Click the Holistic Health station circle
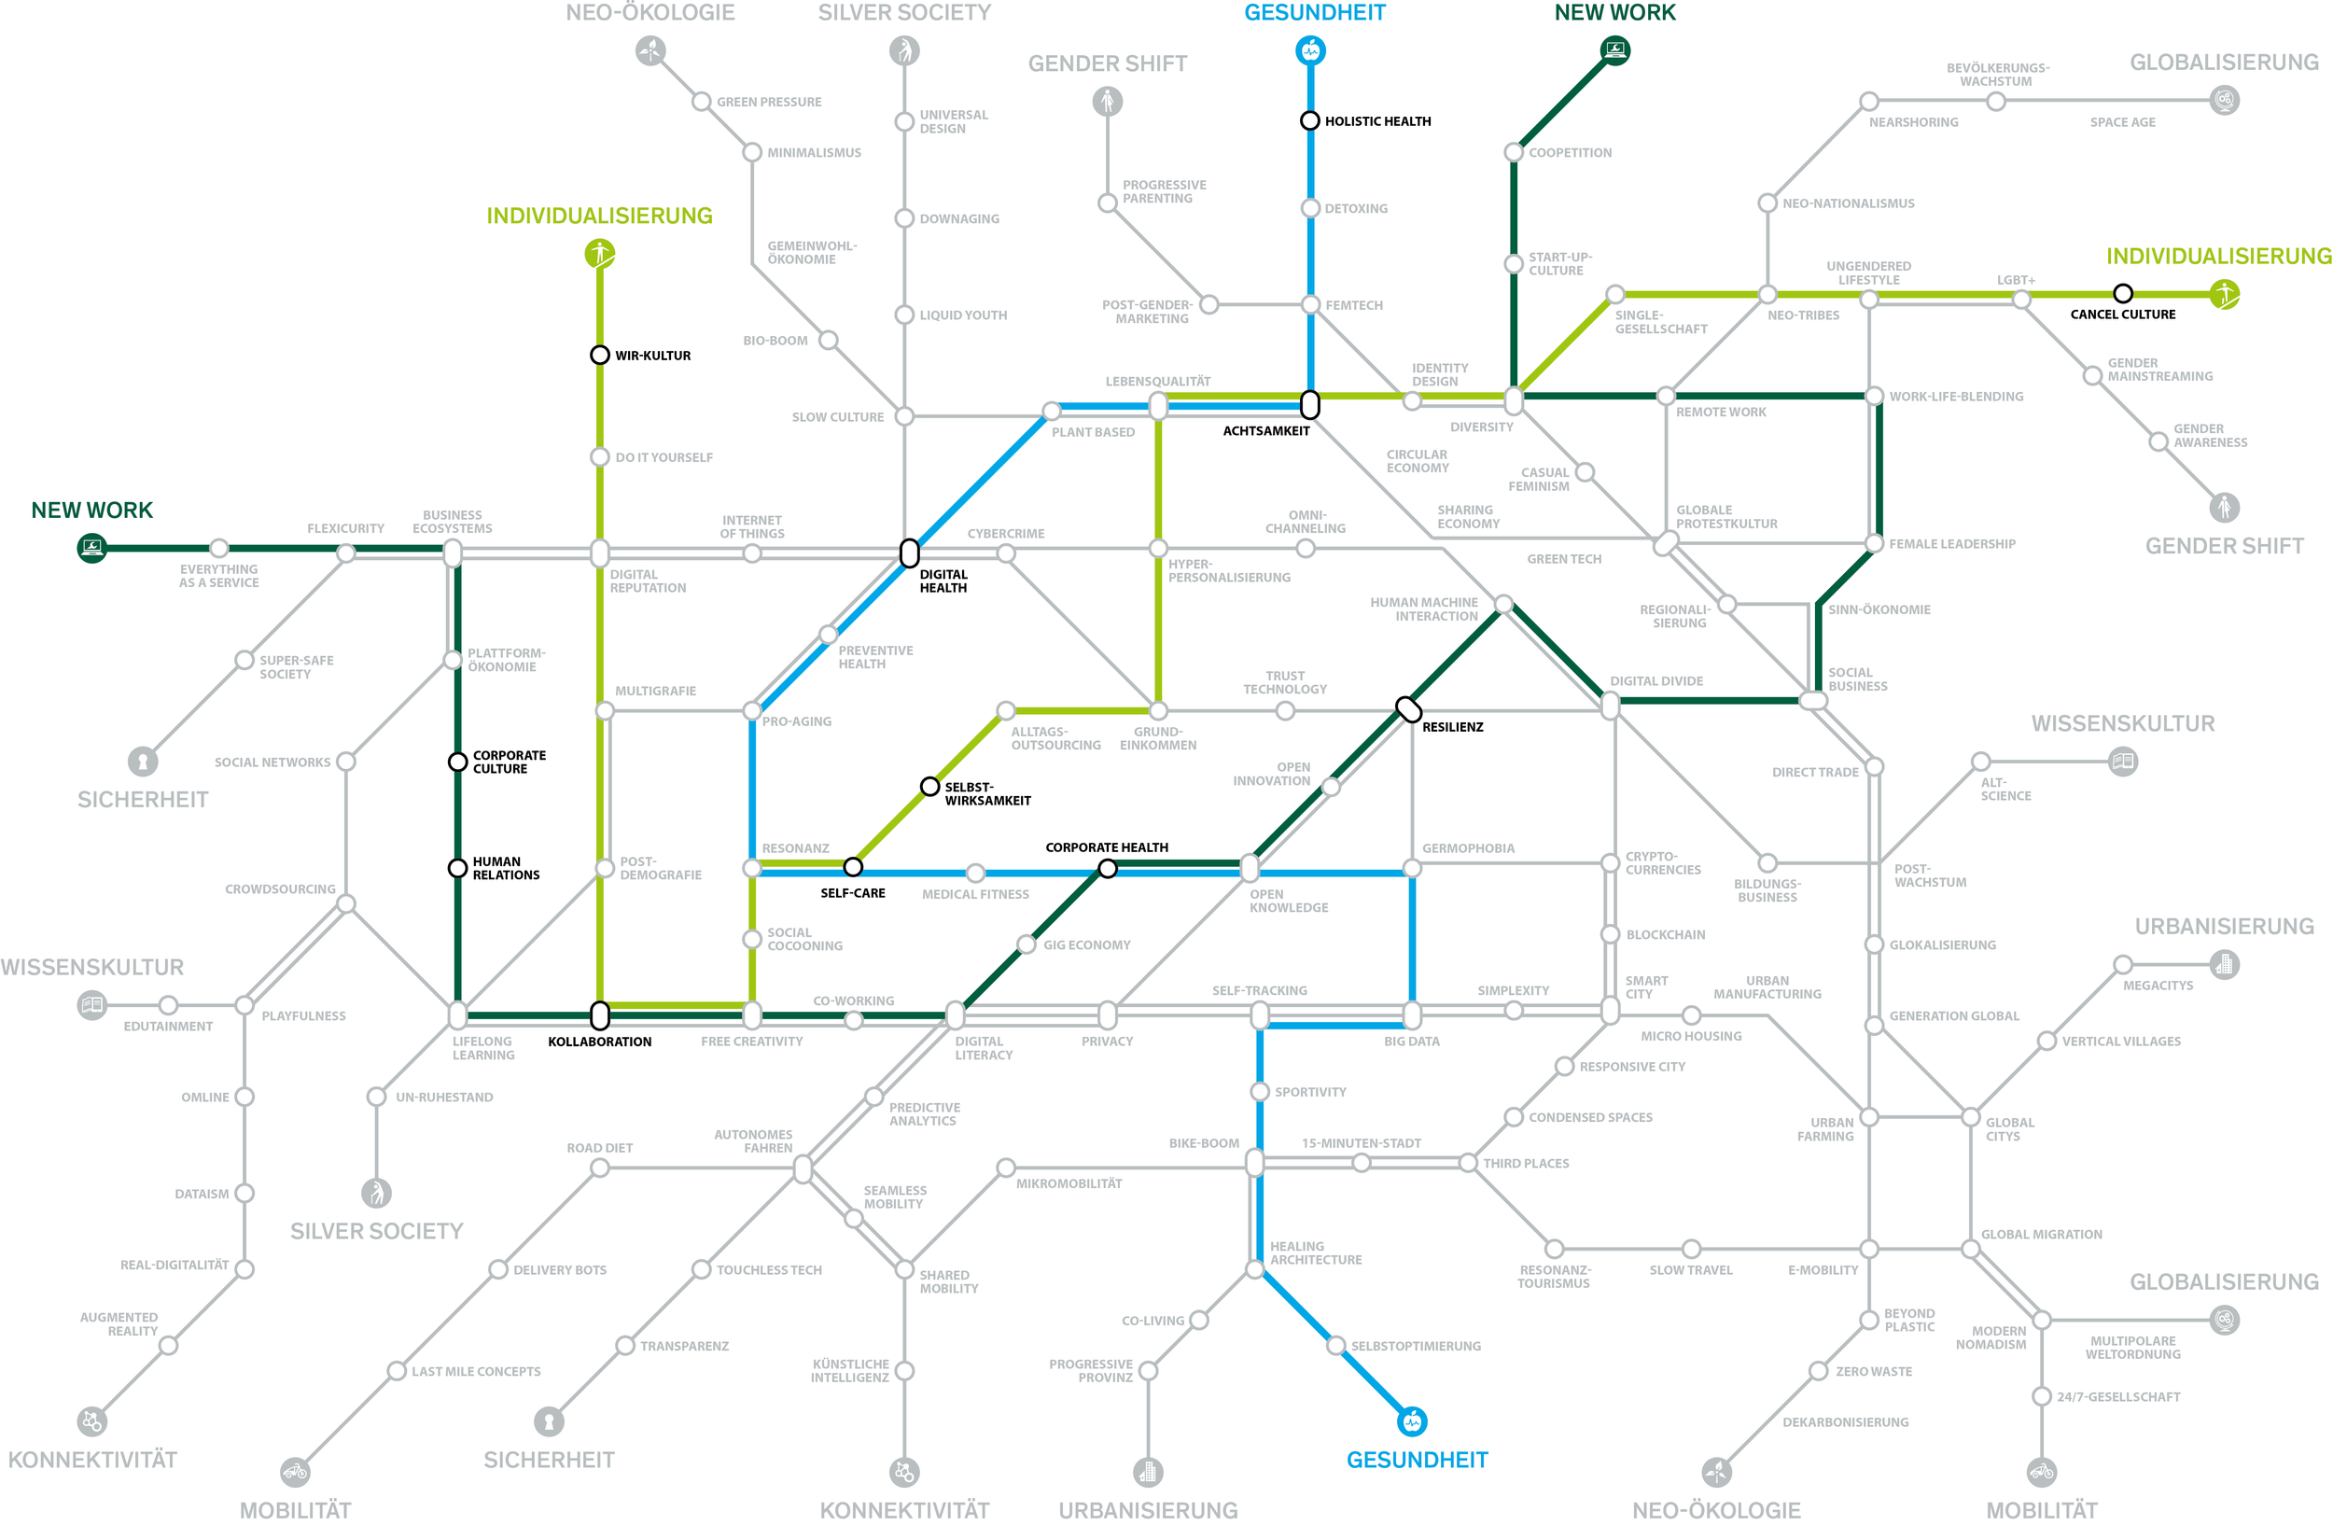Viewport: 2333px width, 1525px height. click(1309, 120)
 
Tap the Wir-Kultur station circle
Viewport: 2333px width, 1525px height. click(600, 355)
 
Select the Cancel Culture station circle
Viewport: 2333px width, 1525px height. click(2122, 293)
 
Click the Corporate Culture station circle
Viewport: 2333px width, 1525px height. click(456, 762)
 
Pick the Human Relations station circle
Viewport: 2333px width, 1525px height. click(456, 867)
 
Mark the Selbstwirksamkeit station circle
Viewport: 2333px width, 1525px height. click(929, 786)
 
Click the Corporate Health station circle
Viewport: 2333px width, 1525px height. click(1107, 868)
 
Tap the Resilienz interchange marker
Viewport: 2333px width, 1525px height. click(1408, 707)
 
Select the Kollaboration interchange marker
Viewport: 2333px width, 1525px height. click(600, 1014)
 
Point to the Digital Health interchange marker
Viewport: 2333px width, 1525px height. click(910, 553)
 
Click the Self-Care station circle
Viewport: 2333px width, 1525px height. click(853, 866)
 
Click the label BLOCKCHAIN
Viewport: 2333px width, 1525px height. click(1666, 935)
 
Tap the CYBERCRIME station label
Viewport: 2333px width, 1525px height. click(1006, 534)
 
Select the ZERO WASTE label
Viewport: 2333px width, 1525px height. click(1873, 1371)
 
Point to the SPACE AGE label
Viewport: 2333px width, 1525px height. click(2122, 122)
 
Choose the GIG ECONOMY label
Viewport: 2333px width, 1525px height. click(1086, 944)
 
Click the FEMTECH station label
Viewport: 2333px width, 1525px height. click(1354, 306)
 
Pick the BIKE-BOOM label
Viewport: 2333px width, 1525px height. click(1204, 1142)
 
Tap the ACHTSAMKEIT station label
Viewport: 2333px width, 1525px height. click(1265, 431)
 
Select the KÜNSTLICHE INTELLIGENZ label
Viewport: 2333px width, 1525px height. click(850, 1370)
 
